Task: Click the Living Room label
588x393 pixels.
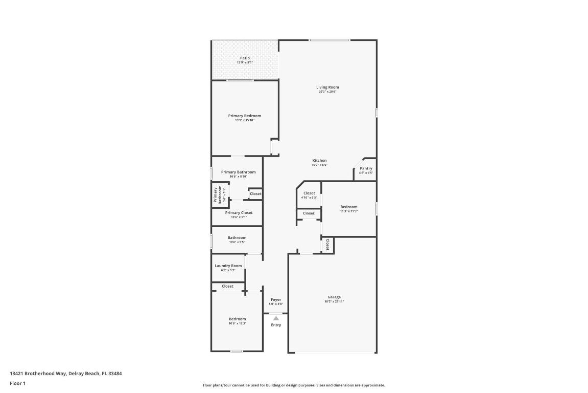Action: point(327,88)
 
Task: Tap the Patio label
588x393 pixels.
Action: point(245,58)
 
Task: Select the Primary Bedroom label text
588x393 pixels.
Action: point(244,116)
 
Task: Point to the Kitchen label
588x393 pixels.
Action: point(319,161)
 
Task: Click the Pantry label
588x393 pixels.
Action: point(366,168)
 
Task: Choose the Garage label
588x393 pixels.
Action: point(334,297)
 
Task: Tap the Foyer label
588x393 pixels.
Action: point(276,300)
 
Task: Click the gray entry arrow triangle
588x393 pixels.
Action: point(276,318)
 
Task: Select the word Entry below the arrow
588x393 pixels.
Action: point(276,325)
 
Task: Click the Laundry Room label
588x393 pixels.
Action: point(228,266)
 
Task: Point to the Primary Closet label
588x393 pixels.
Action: point(239,213)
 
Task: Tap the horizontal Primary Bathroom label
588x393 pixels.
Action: point(238,172)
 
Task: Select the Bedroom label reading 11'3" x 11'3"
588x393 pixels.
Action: point(349,207)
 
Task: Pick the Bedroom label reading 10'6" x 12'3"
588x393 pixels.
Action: point(237,319)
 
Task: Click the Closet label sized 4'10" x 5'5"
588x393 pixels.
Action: point(309,193)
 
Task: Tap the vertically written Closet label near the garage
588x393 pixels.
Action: point(327,245)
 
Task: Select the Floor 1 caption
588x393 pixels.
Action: point(17,383)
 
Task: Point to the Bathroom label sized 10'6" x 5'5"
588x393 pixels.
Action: point(237,238)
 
